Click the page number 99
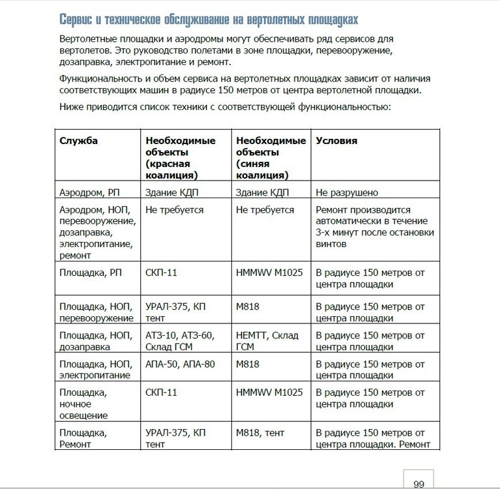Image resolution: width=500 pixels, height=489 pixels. (419, 483)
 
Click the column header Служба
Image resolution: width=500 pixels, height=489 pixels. (79, 141)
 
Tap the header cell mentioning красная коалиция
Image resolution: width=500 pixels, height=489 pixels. (172, 158)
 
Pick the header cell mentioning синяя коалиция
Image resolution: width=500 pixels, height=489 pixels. (271, 158)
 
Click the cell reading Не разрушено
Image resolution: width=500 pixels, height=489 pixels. (347, 193)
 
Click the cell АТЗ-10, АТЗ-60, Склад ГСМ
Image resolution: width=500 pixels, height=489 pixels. (180, 341)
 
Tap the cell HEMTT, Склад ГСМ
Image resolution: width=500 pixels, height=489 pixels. (267, 341)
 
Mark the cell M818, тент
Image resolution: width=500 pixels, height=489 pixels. (260, 433)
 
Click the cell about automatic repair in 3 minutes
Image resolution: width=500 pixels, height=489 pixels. (374, 227)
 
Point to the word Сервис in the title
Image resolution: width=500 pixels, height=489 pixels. (78, 18)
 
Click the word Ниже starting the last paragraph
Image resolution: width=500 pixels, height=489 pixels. (72, 107)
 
